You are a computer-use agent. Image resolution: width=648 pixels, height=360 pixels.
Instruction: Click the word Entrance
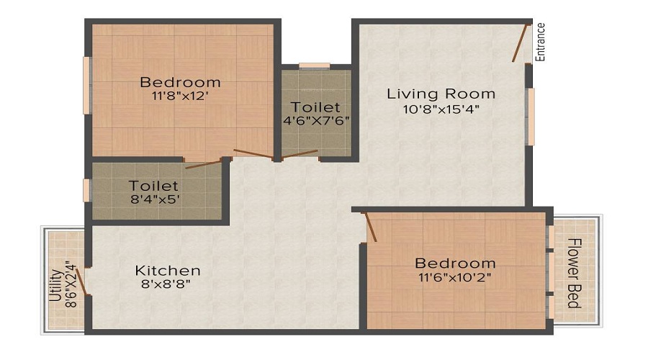point(541,42)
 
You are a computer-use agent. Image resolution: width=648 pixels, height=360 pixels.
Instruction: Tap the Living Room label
point(441,94)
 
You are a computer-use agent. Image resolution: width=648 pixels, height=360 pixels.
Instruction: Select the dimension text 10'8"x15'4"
point(442,109)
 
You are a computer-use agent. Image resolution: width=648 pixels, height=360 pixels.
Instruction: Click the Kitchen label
point(168,271)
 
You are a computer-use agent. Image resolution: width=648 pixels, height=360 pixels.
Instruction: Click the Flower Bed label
point(574,273)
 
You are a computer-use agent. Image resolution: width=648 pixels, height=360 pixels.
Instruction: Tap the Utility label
point(54,284)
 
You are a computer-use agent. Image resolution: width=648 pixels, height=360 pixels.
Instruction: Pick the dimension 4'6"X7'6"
point(317,121)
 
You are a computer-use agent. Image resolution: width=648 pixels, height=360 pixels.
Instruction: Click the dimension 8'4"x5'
point(153,199)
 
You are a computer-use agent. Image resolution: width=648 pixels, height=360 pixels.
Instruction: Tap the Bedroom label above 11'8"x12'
point(180,81)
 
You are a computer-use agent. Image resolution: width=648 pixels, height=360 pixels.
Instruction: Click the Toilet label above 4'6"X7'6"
point(317,107)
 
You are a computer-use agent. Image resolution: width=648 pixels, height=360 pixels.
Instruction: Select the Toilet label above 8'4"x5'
point(153,185)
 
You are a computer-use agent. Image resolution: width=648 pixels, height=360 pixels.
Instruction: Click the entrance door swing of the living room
point(520,43)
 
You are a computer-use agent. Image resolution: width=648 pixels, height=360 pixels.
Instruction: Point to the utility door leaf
point(82,282)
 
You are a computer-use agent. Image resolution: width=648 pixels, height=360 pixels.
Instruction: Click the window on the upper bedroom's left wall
point(86,85)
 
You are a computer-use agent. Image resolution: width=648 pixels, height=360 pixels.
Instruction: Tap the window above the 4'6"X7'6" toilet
point(315,66)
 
